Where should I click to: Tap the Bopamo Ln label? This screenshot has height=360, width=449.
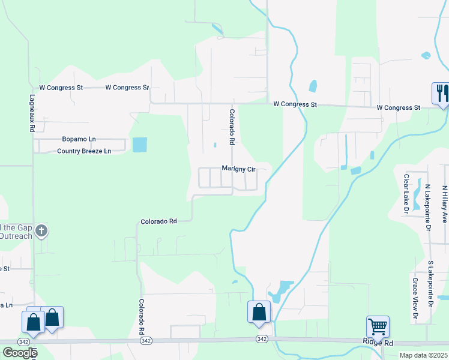tap(79, 139)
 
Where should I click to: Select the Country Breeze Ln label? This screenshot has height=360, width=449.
tap(84, 151)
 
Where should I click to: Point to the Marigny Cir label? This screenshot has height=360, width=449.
tap(239, 169)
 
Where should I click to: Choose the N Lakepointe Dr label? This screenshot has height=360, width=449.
tap(429, 208)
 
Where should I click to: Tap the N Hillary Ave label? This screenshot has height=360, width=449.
tap(445, 205)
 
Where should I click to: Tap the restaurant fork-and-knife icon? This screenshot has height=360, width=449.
tap(441, 93)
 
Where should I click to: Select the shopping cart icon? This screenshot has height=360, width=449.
tap(378, 327)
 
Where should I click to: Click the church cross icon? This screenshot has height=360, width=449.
tap(41, 230)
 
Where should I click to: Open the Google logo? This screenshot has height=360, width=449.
tap(20, 353)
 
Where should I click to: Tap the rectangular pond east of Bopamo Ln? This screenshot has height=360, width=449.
tap(139, 145)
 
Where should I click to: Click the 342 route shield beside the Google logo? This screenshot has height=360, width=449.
tap(24, 341)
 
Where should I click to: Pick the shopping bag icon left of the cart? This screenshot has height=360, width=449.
tap(259, 312)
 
